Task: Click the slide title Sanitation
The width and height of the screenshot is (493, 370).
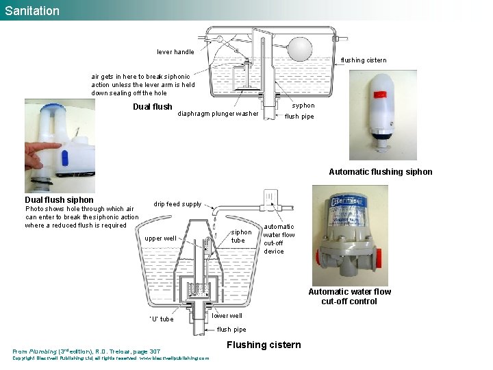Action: pyautogui.click(x=32, y=10)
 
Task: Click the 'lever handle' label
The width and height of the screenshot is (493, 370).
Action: pyautogui.click(x=175, y=52)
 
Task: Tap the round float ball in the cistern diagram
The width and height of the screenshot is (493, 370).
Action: pyautogui.click(x=299, y=49)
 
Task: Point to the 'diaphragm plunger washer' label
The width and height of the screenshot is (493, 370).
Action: pyautogui.click(x=218, y=114)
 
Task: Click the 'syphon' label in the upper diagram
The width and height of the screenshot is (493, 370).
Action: pyautogui.click(x=303, y=106)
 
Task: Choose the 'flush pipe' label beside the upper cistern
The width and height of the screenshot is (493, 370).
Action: pyautogui.click(x=299, y=116)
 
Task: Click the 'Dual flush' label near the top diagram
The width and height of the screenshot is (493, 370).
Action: pyautogui.click(x=152, y=107)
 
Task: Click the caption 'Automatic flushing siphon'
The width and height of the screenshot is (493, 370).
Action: pyautogui.click(x=380, y=172)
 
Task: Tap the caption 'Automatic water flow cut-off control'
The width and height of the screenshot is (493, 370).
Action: pyautogui.click(x=349, y=296)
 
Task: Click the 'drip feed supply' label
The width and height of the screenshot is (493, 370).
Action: pyautogui.click(x=177, y=204)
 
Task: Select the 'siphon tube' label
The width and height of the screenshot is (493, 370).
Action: pyautogui.click(x=241, y=236)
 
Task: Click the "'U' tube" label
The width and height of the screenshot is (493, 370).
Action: pyautogui.click(x=161, y=319)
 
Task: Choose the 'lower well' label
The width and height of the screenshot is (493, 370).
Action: pyautogui.click(x=227, y=316)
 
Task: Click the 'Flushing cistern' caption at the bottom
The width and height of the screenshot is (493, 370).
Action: pyautogui.click(x=263, y=345)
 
